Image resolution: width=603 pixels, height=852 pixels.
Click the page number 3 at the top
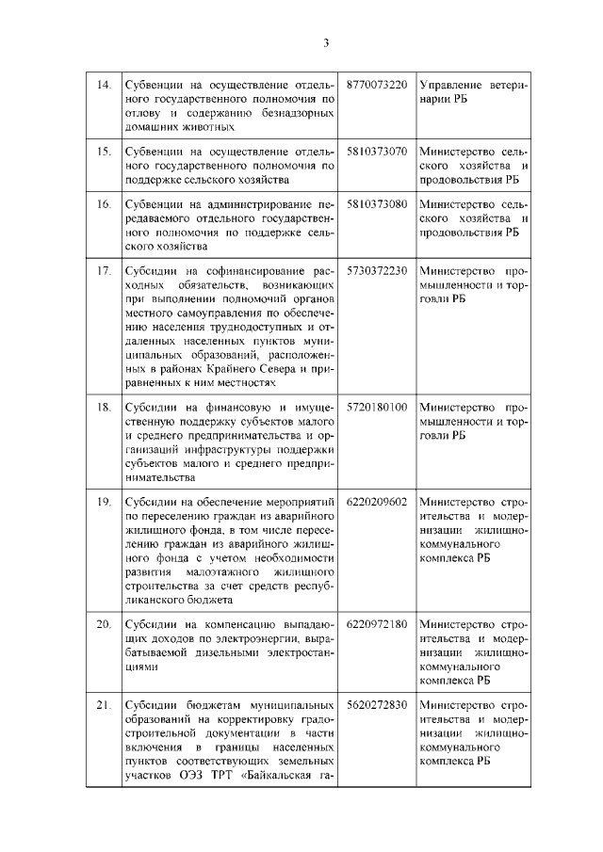pyautogui.click(x=325, y=43)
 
